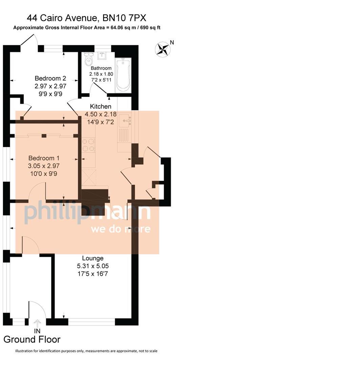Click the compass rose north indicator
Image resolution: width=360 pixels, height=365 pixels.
163,49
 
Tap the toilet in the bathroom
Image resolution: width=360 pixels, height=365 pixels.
89,60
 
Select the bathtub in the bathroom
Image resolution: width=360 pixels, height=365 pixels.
123,75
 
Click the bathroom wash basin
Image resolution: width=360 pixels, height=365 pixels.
102,56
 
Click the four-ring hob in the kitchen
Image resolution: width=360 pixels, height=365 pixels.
89,145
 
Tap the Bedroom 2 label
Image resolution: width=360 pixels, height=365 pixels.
50,79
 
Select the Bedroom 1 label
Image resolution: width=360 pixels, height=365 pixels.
44,158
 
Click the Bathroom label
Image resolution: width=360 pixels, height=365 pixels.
101,68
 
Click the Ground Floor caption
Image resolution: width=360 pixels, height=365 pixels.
32,339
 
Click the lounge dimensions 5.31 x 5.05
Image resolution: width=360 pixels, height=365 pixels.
93,266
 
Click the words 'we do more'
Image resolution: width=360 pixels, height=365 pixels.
120,229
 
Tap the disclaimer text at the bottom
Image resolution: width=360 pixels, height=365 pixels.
86,351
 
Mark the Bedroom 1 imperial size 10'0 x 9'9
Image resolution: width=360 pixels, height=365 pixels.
44,174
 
